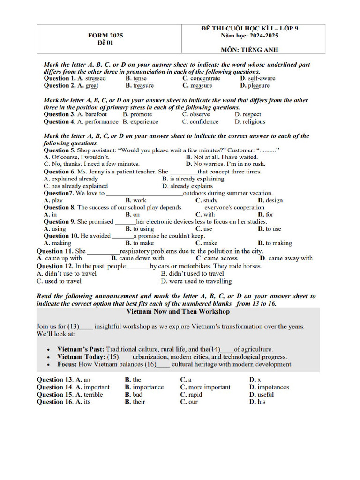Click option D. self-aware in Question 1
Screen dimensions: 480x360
pyautogui.click(x=257, y=78)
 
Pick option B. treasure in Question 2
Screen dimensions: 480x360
pyautogui.click(x=139, y=86)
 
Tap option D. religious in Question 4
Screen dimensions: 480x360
pyautogui.click(x=250, y=122)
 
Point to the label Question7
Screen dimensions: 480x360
pyautogui.click(x=59, y=193)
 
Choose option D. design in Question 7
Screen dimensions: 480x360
pyautogui.click(x=270, y=200)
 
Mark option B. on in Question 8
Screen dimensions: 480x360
pyautogui.click(x=133, y=215)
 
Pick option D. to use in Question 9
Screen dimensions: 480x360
pyautogui.click(x=270, y=229)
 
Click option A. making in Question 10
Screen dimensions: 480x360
pyautogui.click(x=57, y=243)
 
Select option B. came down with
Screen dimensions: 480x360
pyautogui.click(x=138, y=258)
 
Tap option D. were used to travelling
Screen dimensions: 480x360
pyautogui.click(x=196, y=281)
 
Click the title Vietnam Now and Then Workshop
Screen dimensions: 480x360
pyautogui.click(x=178, y=311)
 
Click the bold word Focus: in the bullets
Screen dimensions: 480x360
pyautogui.click(x=67, y=364)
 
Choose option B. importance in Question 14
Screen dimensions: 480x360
pyautogui.click(x=144, y=387)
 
